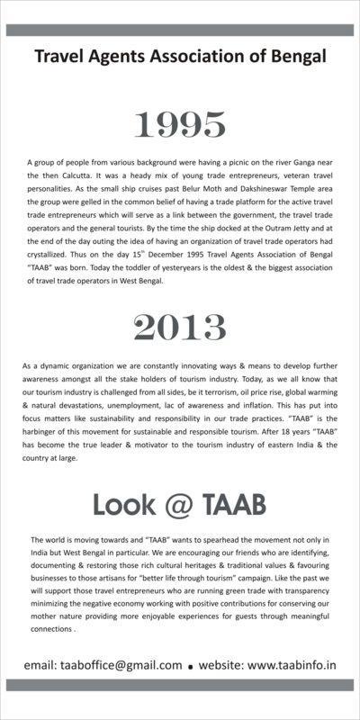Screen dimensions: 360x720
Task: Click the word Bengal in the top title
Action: pyautogui.click(x=296, y=58)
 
